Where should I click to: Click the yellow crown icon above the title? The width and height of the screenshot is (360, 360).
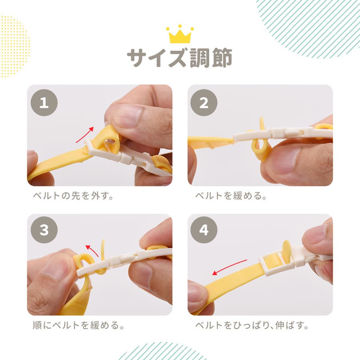point(180,34)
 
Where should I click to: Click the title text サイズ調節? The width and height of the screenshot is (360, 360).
point(180,58)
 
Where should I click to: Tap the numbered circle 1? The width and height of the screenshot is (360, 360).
point(44,103)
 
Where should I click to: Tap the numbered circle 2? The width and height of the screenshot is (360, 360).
point(204,103)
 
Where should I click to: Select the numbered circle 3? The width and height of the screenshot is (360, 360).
point(44,230)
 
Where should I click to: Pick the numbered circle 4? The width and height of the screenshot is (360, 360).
point(204,230)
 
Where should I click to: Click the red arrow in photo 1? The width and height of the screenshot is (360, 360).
point(85,135)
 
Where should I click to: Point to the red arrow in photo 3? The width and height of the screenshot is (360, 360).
point(92,250)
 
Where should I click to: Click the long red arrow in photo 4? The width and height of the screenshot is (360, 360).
point(229,267)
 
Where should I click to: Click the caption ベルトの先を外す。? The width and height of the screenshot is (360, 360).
point(73,196)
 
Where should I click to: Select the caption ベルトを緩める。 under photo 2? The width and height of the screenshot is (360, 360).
point(231,196)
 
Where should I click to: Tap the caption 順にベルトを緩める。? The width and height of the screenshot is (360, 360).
point(78,325)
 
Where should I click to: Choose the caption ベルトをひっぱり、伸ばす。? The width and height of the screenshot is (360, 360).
point(252,325)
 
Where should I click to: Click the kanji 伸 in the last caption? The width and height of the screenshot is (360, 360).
point(280,325)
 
